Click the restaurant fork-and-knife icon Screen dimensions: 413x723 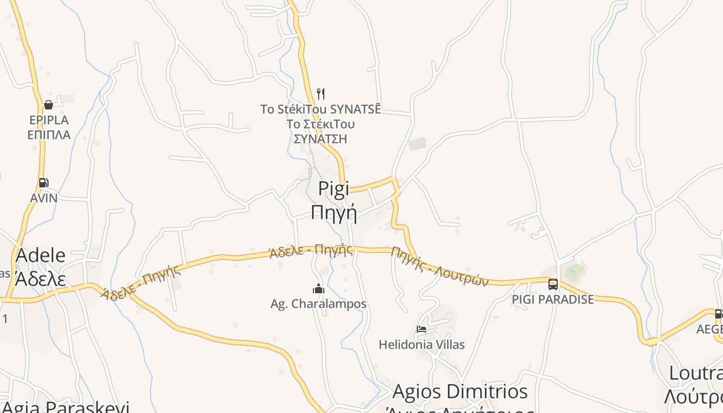click(x=321, y=93)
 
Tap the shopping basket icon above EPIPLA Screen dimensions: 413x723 click(x=49, y=105)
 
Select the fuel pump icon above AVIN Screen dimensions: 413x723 click(x=44, y=183)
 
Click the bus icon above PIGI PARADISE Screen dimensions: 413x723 click(x=553, y=284)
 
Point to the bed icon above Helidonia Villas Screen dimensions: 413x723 click(x=421, y=329)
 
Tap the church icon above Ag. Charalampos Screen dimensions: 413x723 click(x=319, y=289)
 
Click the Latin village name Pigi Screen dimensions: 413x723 click(x=334, y=188)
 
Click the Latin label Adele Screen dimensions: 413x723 click(x=41, y=256)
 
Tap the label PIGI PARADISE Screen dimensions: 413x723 click(x=553, y=299)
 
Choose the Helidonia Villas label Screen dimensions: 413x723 click(x=421, y=344)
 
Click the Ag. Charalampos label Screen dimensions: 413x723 click(x=319, y=304)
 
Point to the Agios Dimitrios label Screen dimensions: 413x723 click(x=460, y=391)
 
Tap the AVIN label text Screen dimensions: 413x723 click(x=44, y=198)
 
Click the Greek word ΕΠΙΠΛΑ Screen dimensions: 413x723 click(x=49, y=135)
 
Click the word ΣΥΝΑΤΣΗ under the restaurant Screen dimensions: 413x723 click(x=320, y=139)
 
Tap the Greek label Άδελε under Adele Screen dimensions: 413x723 click(x=41, y=279)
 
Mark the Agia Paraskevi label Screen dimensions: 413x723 click(x=65, y=407)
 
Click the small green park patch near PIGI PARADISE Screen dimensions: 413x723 click(x=574, y=271)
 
